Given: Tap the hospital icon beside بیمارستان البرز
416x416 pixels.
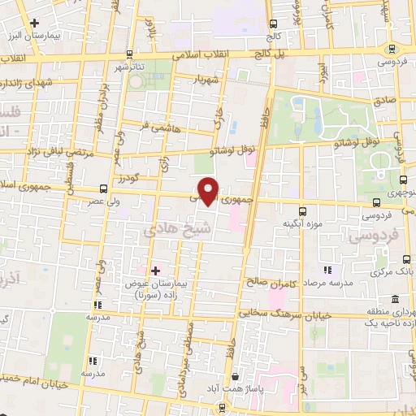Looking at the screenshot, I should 33,24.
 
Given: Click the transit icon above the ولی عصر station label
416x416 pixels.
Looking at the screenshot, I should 102,188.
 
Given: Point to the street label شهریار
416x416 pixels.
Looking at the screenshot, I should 207,79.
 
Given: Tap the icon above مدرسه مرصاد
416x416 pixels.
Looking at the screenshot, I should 328,269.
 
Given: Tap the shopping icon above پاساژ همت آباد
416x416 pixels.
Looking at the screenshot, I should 236,376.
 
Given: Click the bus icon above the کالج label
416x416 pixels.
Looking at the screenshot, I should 272,24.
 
